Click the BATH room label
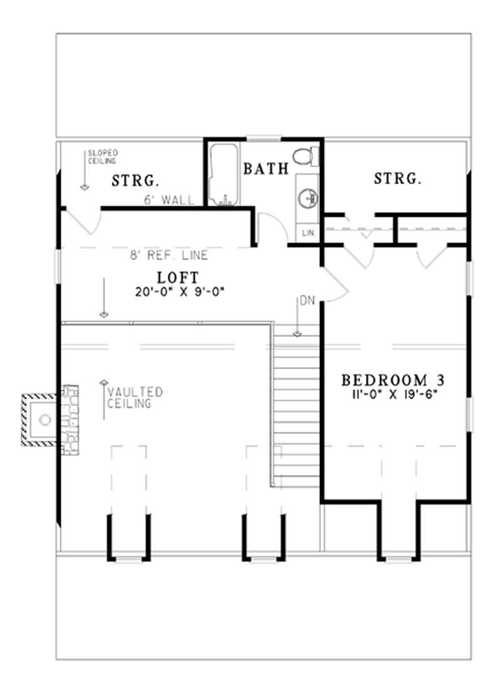[266, 168]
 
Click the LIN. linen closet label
[308, 233]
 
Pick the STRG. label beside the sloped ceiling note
[135, 181]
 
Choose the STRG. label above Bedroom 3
[397, 179]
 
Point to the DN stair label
[306, 301]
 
